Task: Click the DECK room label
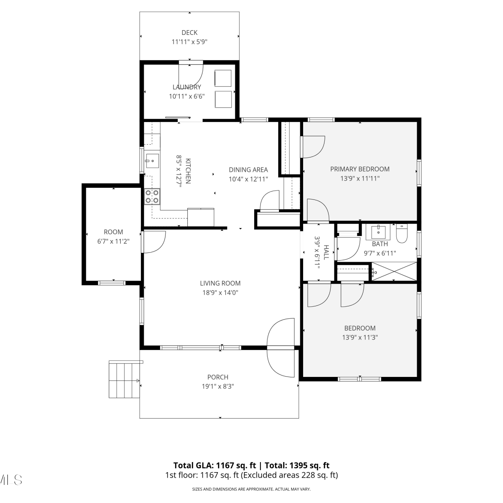pyautogui.click(x=189, y=33)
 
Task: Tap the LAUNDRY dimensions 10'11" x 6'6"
pyautogui.click(x=187, y=96)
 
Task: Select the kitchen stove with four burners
pyautogui.click(x=152, y=197)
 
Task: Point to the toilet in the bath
pyautogui.click(x=402, y=233)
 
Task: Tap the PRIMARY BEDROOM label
pyautogui.click(x=360, y=169)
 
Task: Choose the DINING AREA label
pyautogui.click(x=248, y=170)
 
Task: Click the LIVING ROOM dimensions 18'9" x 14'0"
pyautogui.click(x=220, y=292)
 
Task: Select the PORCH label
pyautogui.click(x=218, y=377)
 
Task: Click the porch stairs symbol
pyautogui.click(x=124, y=380)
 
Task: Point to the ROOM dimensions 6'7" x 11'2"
pyautogui.click(x=113, y=241)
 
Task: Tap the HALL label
pyautogui.click(x=326, y=252)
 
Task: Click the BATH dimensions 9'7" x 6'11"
pyautogui.click(x=380, y=253)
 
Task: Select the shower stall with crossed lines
pyautogui.click(x=394, y=271)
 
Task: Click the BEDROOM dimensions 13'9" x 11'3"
pyautogui.click(x=360, y=337)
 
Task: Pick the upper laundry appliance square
pyautogui.click(x=223, y=78)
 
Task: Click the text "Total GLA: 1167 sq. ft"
pyautogui.click(x=215, y=465)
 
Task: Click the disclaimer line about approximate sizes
pyautogui.click(x=251, y=489)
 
